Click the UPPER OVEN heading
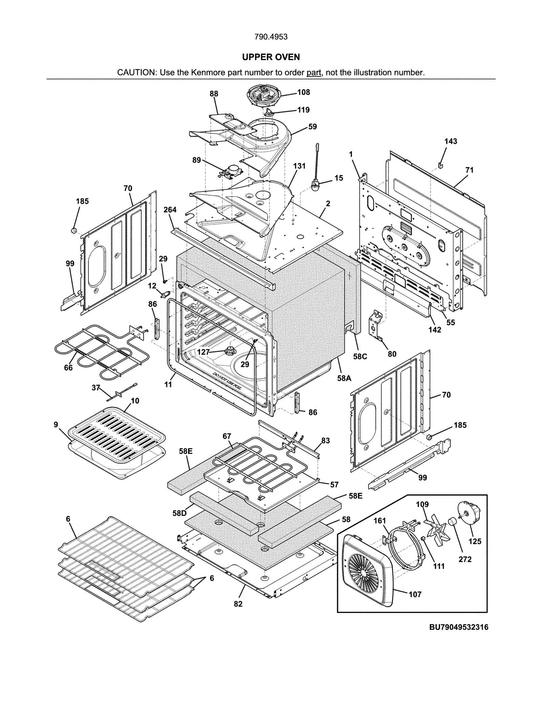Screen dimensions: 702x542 pyautogui.click(x=271, y=57)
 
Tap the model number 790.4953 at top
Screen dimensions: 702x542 pyautogui.click(x=271, y=37)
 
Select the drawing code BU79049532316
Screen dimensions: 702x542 pyautogui.click(x=459, y=627)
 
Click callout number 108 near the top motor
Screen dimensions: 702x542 pyautogui.click(x=304, y=92)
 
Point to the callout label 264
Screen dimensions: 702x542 pyautogui.click(x=170, y=209)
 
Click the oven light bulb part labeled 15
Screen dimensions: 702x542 pyautogui.click(x=315, y=184)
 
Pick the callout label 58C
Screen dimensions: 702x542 pyautogui.click(x=360, y=357)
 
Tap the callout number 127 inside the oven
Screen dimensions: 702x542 pyautogui.click(x=203, y=352)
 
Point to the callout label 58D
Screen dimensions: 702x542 pyautogui.click(x=179, y=513)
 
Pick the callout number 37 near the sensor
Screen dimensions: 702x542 pyautogui.click(x=96, y=387)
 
